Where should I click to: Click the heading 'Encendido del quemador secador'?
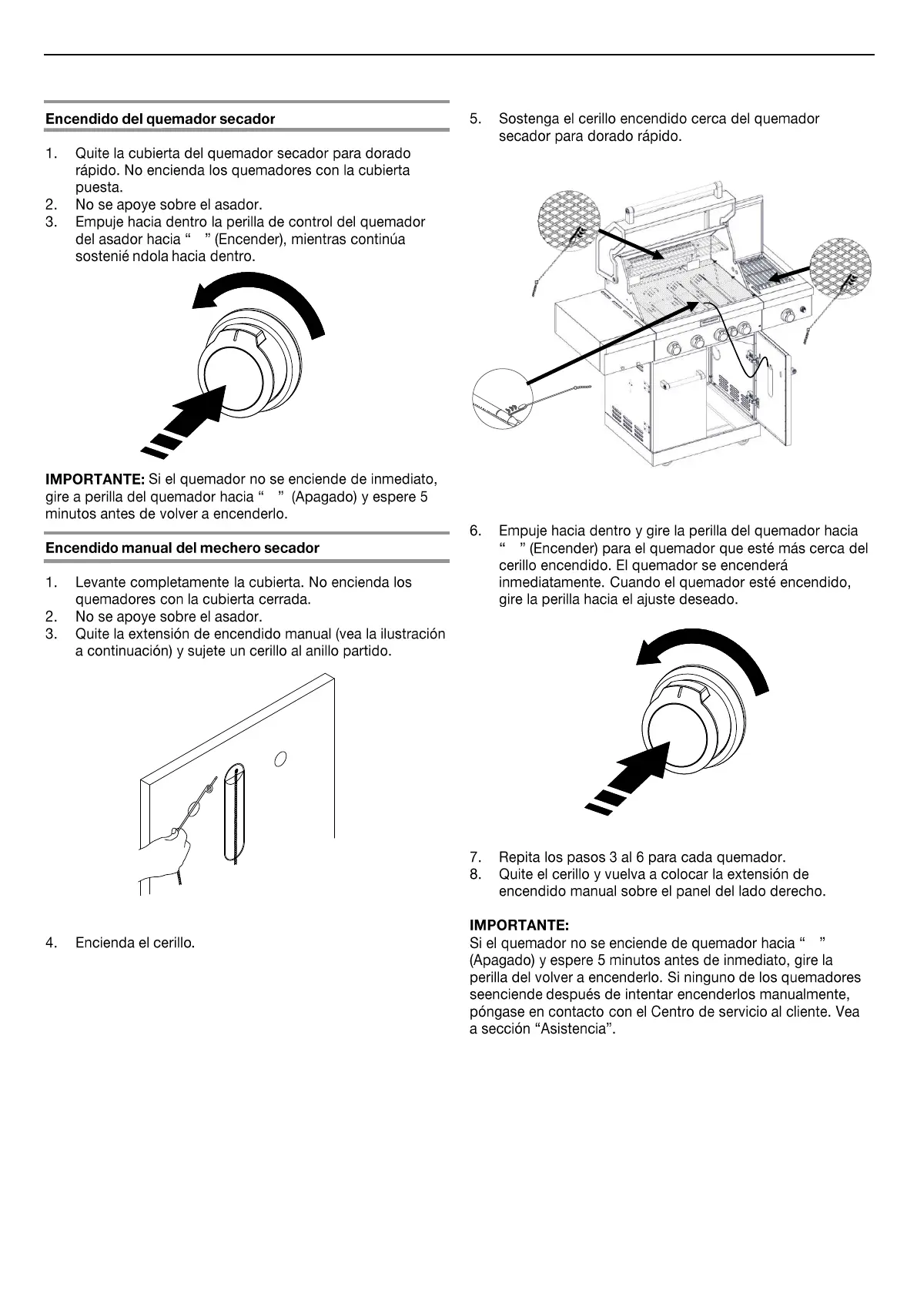tap(160, 119)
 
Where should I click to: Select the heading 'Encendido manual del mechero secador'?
tap(182, 548)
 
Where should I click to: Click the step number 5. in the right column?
tap(476, 119)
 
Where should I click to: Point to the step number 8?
tap(476, 874)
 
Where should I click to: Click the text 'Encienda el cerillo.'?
tap(135, 943)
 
